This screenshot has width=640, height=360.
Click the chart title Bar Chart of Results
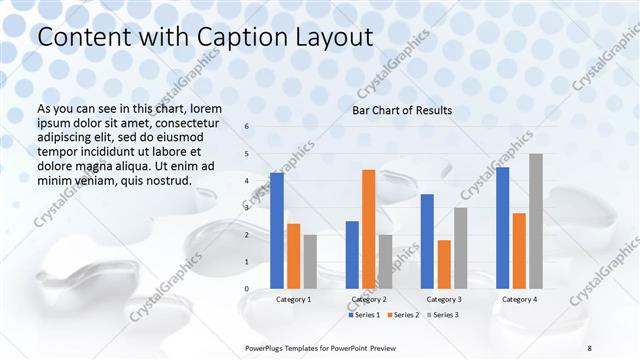[x=402, y=110]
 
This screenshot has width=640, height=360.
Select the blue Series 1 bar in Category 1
[x=277, y=230]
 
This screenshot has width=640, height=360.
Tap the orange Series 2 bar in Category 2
[x=368, y=229]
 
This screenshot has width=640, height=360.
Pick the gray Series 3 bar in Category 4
[x=536, y=221]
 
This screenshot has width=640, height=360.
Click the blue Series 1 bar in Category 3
[x=427, y=241]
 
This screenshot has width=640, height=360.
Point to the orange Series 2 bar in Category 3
[x=444, y=264]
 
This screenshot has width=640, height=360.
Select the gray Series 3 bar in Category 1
[x=310, y=261]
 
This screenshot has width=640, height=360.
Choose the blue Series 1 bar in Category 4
[x=502, y=227]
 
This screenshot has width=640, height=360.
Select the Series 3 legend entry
[x=444, y=315]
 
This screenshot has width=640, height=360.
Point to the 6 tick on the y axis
[x=247, y=127]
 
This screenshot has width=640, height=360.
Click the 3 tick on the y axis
[x=247, y=208]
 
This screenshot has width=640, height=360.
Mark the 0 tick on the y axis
[x=247, y=289]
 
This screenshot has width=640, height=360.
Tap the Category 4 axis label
[x=519, y=299]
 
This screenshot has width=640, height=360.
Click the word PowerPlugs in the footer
[x=268, y=347]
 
